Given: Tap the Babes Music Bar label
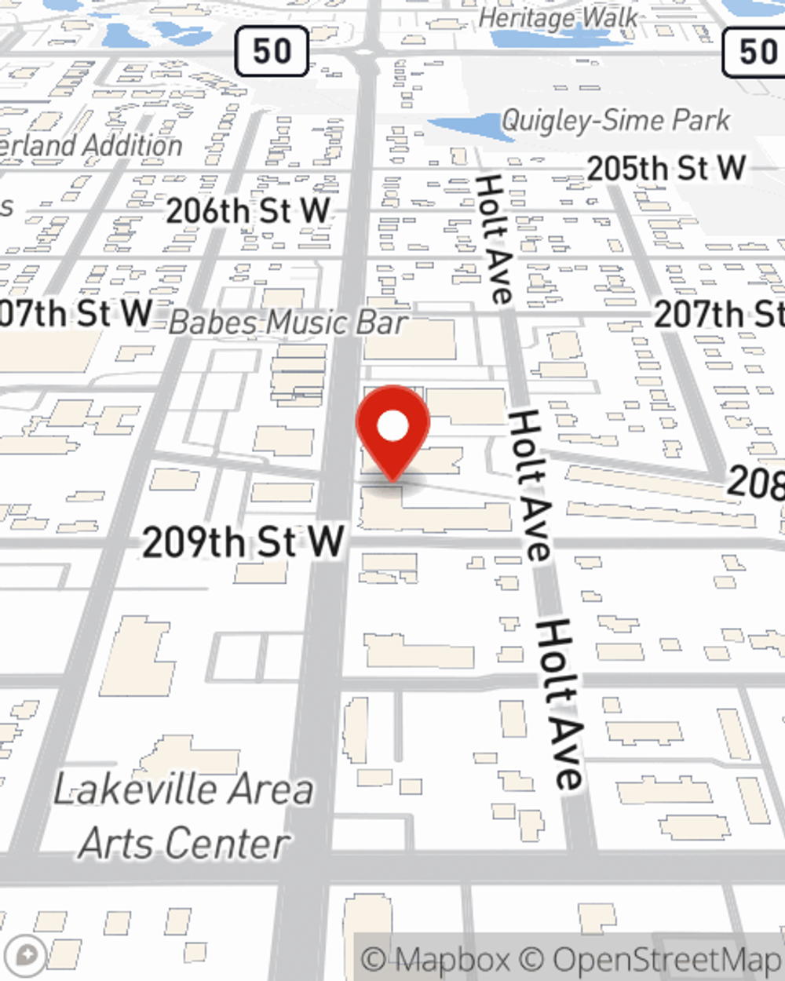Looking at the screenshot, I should tap(288, 323).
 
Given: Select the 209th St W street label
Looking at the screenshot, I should tap(243, 542).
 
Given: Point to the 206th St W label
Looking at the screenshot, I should tap(248, 210).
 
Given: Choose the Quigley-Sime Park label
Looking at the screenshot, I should tap(616, 121).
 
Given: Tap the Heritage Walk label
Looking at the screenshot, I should tap(558, 17).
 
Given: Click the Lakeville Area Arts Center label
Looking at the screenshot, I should tap(184, 816).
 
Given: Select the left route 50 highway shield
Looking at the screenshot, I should tap(272, 52).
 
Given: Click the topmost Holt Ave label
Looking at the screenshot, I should tap(494, 239).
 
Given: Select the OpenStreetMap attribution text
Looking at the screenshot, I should tap(667, 959).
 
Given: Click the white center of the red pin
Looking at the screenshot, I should tap(392, 426).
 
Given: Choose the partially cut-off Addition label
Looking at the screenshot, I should tap(91, 146).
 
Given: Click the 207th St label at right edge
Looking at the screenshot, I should tap(719, 314).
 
